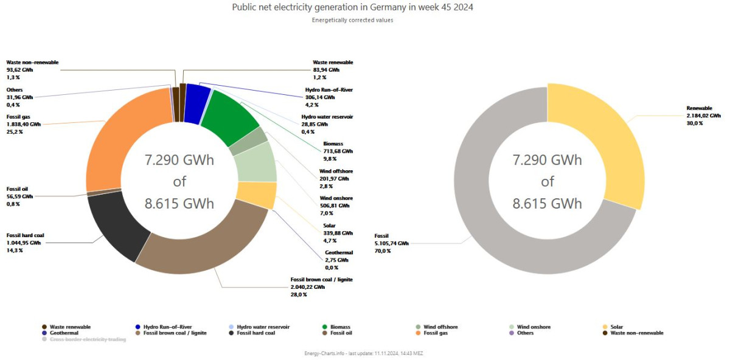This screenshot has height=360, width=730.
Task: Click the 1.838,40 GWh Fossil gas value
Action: click(24, 123)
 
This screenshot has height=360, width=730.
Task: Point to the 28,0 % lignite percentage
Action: click(299, 294)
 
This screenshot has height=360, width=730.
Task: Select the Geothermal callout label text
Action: click(339, 252)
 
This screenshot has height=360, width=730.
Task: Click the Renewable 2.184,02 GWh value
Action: click(703, 116)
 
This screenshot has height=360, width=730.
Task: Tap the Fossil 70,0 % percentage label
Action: click(383, 251)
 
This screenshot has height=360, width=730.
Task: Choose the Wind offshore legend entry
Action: click(440, 327)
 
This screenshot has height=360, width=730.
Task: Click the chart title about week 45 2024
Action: click(353, 7)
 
